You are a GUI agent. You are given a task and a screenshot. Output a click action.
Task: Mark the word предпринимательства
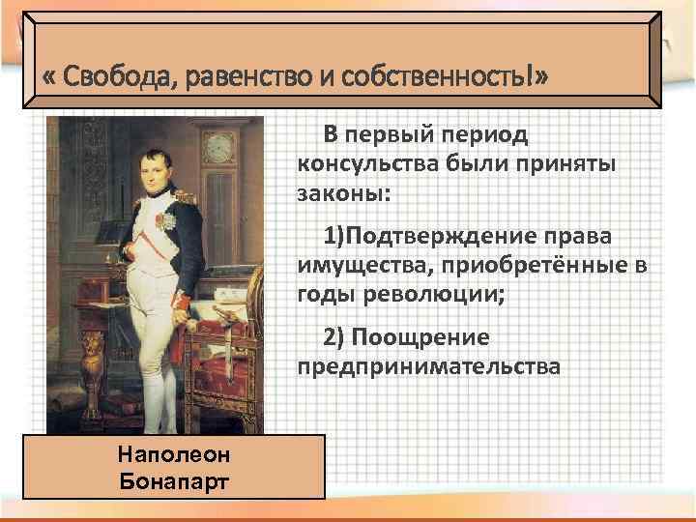click(429, 367)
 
